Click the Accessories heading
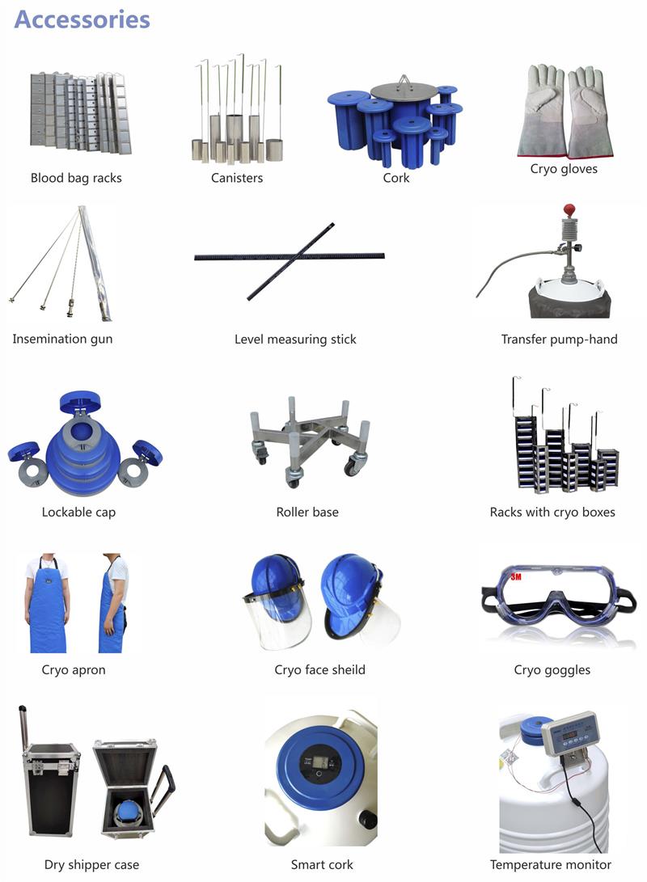click(x=82, y=19)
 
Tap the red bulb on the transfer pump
click(x=569, y=210)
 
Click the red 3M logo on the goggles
click(x=516, y=576)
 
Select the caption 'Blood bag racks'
click(x=76, y=178)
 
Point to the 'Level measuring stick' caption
click(x=295, y=340)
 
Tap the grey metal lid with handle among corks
click(x=403, y=90)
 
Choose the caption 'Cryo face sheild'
click(x=319, y=669)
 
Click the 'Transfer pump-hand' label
click(x=559, y=340)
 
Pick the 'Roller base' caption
click(x=307, y=512)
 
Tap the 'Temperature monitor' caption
click(x=550, y=864)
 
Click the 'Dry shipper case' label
click(x=91, y=864)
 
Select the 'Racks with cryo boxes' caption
click(x=552, y=512)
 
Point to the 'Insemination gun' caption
click(x=62, y=339)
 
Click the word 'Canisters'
click(x=237, y=178)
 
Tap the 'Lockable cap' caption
click(x=78, y=512)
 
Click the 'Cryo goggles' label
click(x=552, y=669)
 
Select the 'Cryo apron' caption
click(x=73, y=669)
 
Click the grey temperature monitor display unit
click(x=569, y=733)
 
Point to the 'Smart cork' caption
click(x=322, y=864)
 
